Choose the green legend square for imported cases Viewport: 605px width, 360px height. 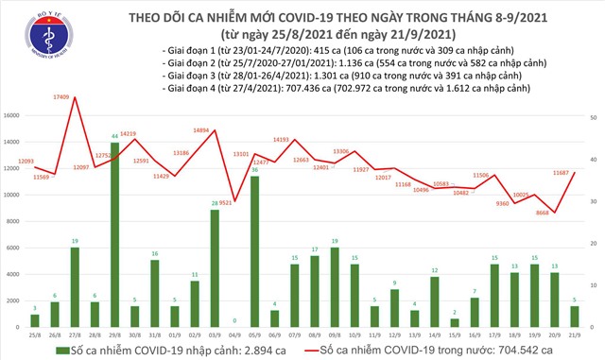[x=62, y=351]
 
